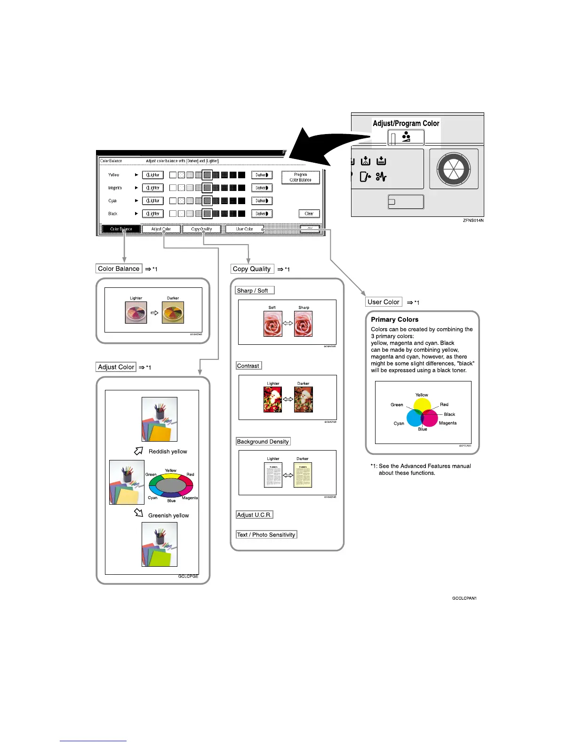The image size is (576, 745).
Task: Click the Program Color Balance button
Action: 301,177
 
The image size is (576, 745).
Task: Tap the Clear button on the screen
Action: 309,214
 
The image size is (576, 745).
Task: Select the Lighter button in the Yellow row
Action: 153,175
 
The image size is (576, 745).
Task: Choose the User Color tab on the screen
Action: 244,229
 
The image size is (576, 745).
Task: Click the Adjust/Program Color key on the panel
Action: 406,138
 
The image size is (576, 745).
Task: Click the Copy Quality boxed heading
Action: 252,269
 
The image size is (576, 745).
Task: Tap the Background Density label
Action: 263,442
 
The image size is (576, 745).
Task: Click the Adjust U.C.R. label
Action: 254,515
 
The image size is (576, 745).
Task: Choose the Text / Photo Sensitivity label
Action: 266,535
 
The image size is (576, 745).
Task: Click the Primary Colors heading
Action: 394,319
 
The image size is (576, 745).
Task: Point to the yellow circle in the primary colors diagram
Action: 422,405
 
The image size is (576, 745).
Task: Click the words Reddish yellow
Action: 168,452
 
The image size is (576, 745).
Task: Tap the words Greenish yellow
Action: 168,515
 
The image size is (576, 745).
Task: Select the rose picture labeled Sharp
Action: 303,324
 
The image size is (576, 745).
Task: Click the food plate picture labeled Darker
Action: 173,312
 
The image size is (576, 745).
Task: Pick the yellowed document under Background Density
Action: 303,475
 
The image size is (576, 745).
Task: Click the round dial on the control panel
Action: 454,169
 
